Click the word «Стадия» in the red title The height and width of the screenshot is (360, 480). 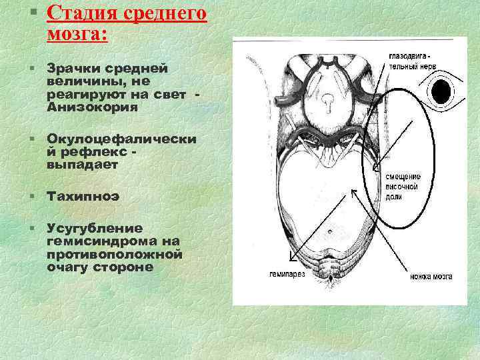click(80, 13)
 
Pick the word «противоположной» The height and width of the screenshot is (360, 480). click(115, 254)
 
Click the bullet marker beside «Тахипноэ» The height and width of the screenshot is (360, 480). click(32, 197)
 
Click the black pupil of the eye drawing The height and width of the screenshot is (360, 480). click(441, 89)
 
